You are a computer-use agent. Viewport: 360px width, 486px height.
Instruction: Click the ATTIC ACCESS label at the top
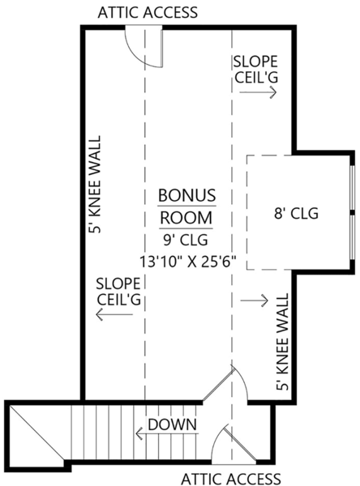[x=147, y=13]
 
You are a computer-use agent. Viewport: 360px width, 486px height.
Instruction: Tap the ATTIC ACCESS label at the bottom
[x=230, y=478]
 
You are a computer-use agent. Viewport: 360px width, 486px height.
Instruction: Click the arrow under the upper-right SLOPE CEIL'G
[x=257, y=92]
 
